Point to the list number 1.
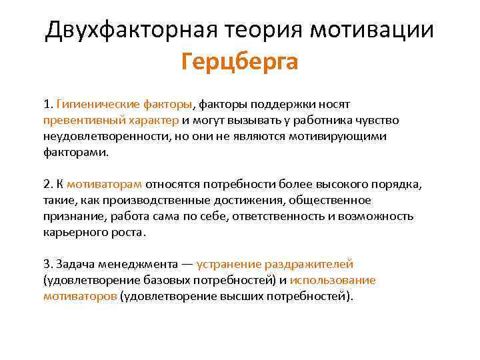[47, 105]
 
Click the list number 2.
[47, 184]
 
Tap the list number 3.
[47, 264]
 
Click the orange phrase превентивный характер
[111, 121]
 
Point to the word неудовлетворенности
[103, 136]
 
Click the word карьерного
[74, 232]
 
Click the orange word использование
[333, 280]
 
